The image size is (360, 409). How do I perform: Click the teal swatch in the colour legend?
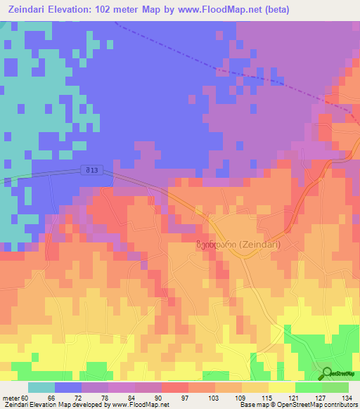[x=41, y=387]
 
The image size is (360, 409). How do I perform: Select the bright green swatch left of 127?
[x=308, y=387]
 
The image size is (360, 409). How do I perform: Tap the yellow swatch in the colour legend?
[x=281, y=387]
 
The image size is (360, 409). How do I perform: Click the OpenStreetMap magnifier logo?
[x=326, y=373]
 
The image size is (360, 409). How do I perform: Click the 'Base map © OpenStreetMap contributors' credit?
[x=297, y=405]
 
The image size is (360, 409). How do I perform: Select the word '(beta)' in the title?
[x=273, y=10]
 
